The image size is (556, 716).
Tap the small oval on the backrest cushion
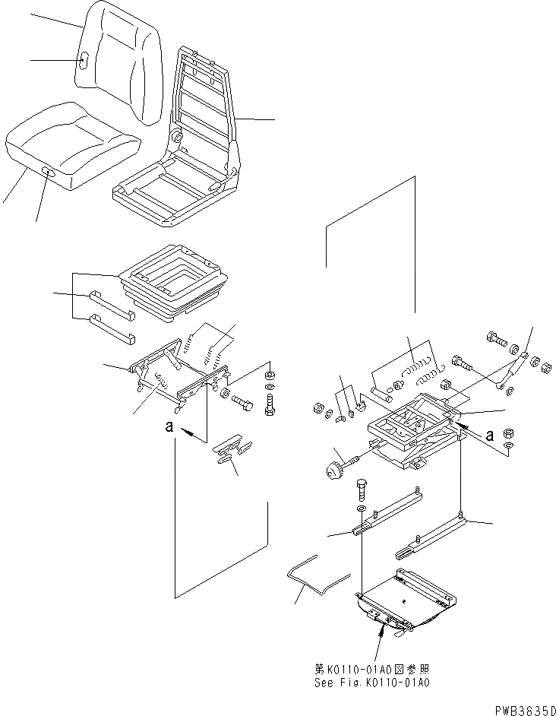coord(84,60)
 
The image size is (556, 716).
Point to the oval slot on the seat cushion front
coord(50,174)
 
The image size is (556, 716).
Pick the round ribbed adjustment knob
coord(332,472)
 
